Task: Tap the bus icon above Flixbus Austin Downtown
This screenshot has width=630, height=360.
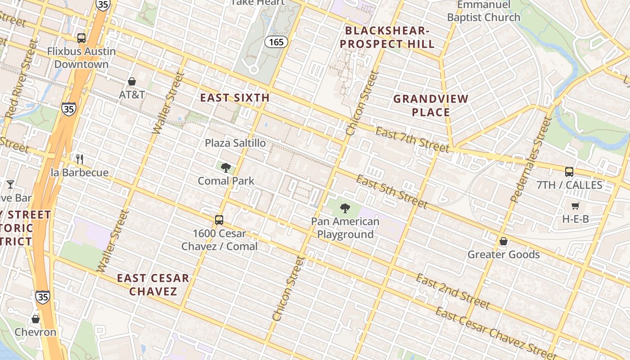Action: point(81,38)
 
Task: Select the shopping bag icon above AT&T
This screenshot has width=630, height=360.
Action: point(132,81)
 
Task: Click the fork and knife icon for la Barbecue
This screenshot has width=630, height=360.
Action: point(80,159)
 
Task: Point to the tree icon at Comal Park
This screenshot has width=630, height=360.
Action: point(226,168)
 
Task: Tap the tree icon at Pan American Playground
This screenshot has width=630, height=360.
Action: point(345,208)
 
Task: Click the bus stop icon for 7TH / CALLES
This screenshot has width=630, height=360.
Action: point(569,171)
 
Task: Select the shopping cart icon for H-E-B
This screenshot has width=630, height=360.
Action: point(575,206)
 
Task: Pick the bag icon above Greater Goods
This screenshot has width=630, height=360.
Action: point(504,241)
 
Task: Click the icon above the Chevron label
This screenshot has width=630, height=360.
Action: point(36,319)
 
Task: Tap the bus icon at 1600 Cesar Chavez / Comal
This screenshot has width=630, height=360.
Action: point(219,220)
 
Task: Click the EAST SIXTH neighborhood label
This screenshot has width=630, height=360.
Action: point(235,98)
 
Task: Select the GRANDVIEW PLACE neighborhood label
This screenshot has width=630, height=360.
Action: point(431,105)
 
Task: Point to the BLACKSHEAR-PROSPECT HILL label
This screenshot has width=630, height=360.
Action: point(390,37)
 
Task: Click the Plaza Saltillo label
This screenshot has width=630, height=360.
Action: point(235,143)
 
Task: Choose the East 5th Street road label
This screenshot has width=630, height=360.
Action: point(391,192)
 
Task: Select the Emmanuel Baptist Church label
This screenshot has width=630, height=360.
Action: point(484,11)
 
